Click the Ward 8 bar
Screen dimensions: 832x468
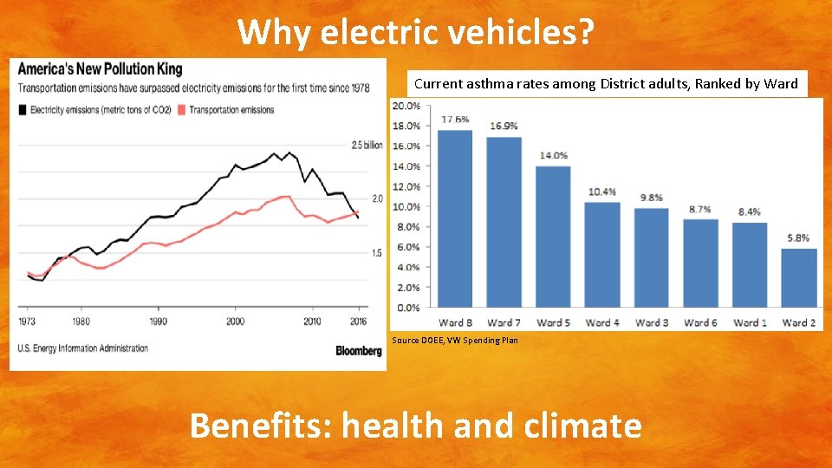pos(455,218)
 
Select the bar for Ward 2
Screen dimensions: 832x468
pos(798,278)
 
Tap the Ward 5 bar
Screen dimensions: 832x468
pos(553,237)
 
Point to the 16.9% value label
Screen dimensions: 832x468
pos(504,127)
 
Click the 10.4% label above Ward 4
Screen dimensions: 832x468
pos(602,192)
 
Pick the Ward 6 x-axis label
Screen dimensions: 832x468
pos(700,322)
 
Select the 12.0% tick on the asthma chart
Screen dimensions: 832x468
pos(406,187)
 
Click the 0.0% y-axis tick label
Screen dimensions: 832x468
pos(408,308)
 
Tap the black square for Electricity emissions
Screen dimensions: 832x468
pos(23,110)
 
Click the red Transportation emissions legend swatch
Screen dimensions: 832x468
pos(181,110)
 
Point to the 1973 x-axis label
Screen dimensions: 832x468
pos(27,321)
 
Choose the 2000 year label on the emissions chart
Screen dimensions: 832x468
pos(235,321)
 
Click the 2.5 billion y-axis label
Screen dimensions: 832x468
pos(367,145)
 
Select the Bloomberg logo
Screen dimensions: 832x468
pos(359,351)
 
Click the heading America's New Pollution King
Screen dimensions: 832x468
pos(101,69)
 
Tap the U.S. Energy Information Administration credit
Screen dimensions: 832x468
pos(83,348)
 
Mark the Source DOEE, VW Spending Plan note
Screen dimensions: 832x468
pos(455,340)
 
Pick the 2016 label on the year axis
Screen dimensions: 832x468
pos(358,321)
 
